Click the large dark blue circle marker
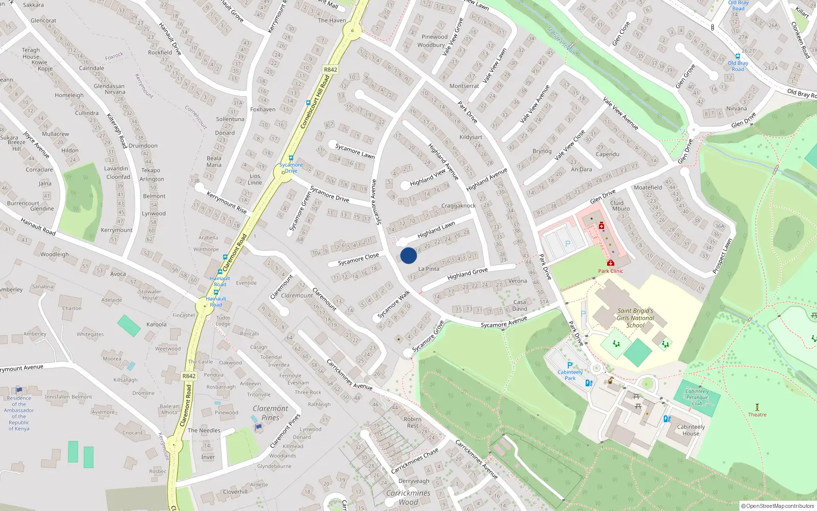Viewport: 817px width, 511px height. pyautogui.click(x=408, y=255)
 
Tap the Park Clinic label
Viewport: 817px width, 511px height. pyautogui.click(x=611, y=271)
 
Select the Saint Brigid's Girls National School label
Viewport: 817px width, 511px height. pyautogui.click(x=635, y=318)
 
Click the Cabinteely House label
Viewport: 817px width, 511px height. pyautogui.click(x=691, y=430)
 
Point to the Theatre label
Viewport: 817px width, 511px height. pyautogui.click(x=757, y=414)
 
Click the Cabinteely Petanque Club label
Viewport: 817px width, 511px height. pyautogui.click(x=697, y=397)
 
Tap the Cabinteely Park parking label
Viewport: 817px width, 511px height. pyautogui.click(x=570, y=375)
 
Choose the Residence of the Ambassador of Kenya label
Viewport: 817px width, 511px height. pyautogui.click(x=19, y=413)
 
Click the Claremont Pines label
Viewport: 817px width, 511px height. pyautogui.click(x=270, y=413)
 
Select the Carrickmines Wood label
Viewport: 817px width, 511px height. pyautogui.click(x=408, y=497)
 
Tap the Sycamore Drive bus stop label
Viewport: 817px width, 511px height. pyautogui.click(x=291, y=168)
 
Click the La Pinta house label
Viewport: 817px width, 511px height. pyautogui.click(x=428, y=269)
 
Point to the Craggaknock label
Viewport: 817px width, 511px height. pyautogui.click(x=459, y=206)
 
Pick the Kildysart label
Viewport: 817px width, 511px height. pyautogui.click(x=471, y=137)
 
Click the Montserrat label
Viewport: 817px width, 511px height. pyautogui.click(x=464, y=86)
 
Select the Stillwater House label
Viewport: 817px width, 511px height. pyautogui.click(x=150, y=295)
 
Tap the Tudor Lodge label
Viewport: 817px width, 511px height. pyautogui.click(x=223, y=321)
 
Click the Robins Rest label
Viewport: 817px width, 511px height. pyautogui.click(x=413, y=423)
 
